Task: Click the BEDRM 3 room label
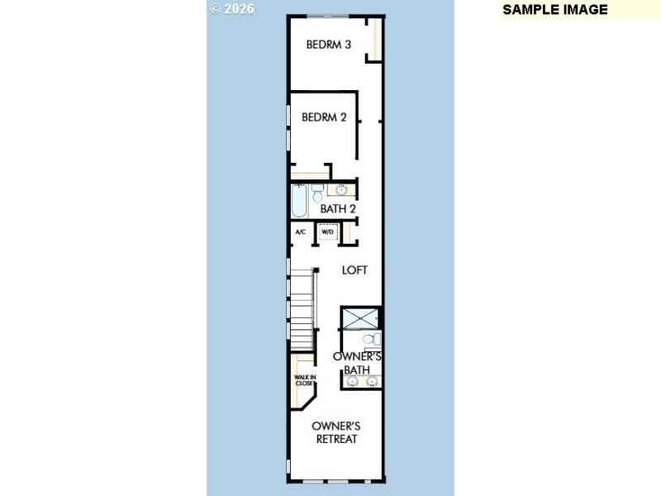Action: pos(329,45)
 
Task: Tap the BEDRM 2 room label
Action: pos(324,117)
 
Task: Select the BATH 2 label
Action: pos(338,209)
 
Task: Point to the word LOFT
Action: pos(355,270)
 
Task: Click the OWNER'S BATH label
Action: pos(357,363)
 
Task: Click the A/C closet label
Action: pos(301,232)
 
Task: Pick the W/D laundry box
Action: pos(328,232)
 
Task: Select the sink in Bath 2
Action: pos(342,190)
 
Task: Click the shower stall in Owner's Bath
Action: pos(361,317)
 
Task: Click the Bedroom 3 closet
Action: pos(377,38)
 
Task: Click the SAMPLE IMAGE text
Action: pos(555,10)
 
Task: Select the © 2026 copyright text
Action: pos(232,9)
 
